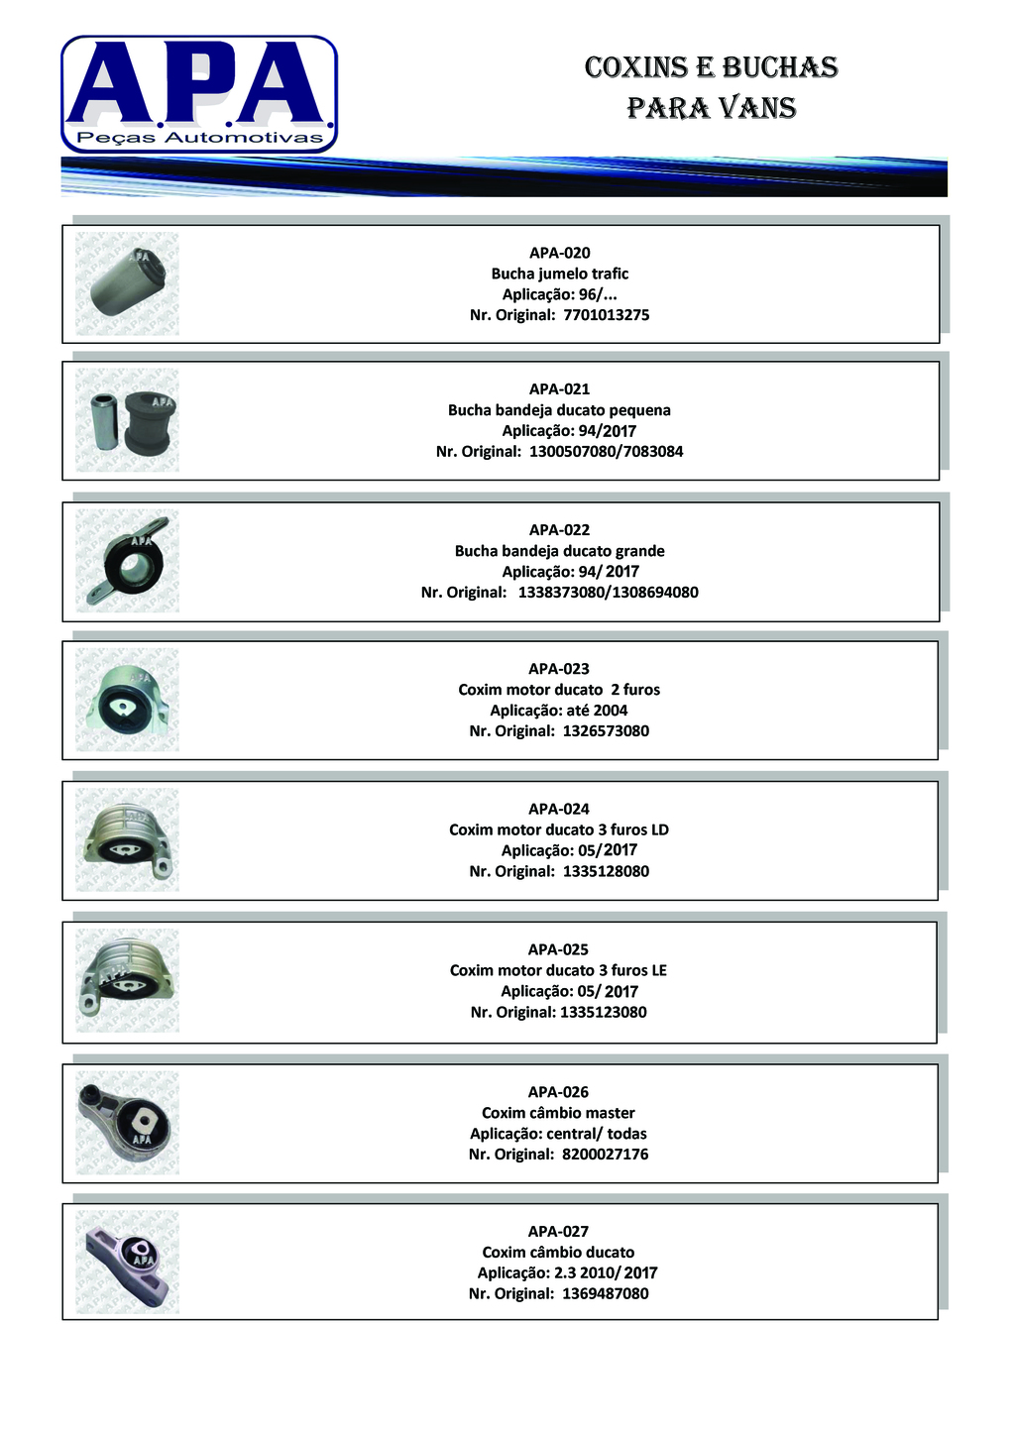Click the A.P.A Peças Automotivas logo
tap(199, 94)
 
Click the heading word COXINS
tap(636, 67)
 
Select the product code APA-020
tap(559, 253)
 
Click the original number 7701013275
tap(606, 315)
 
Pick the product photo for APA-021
tap(128, 420)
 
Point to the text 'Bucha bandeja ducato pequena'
tap(559, 410)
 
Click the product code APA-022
tap(559, 530)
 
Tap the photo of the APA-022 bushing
tap(128, 561)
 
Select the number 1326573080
tap(606, 731)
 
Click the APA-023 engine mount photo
tap(128, 700)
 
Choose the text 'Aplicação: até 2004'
tap(559, 711)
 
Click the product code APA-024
tap(559, 809)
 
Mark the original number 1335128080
tap(606, 872)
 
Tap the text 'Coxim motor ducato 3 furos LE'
tap(559, 970)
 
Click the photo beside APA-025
tap(128, 981)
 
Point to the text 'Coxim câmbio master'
tap(559, 1113)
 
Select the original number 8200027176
tap(605, 1155)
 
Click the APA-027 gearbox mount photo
tap(128, 1262)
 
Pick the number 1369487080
tap(605, 1294)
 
